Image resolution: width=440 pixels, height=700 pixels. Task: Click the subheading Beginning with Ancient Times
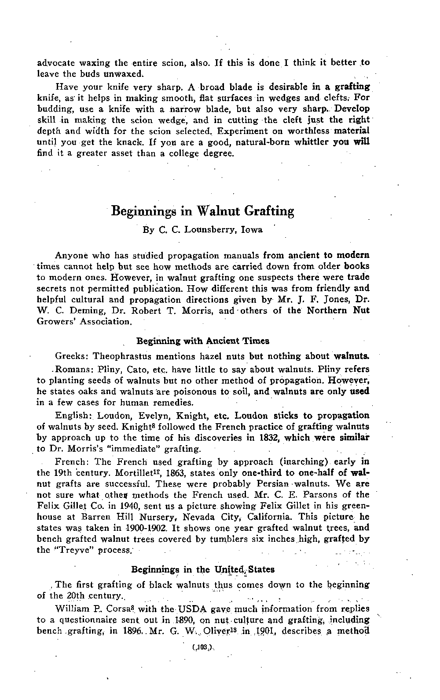coord(203,341)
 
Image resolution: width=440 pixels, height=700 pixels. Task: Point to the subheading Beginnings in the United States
coord(203,569)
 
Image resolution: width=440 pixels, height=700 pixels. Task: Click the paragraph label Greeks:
coord(72,356)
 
